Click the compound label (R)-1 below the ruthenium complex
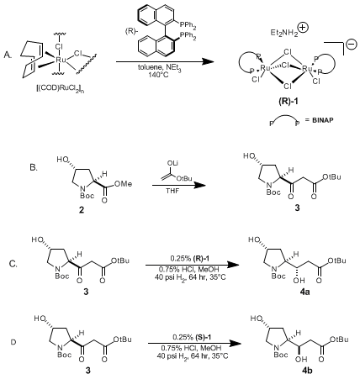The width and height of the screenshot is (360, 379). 289,101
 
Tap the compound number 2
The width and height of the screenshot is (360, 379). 82,210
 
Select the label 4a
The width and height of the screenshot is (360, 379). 304,292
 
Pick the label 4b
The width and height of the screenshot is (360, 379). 307,371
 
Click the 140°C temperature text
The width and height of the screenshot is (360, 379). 157,75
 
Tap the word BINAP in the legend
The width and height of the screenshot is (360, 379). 323,120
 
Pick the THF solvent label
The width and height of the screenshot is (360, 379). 172,192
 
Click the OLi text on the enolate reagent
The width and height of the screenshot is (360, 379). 172,163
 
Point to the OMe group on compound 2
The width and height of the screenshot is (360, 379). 124,184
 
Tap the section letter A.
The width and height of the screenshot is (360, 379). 8,55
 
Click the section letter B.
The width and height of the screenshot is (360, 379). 34,167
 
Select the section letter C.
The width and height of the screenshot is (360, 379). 13,264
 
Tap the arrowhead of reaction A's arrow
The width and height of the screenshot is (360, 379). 208,61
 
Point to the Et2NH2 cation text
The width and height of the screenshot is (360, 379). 284,33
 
